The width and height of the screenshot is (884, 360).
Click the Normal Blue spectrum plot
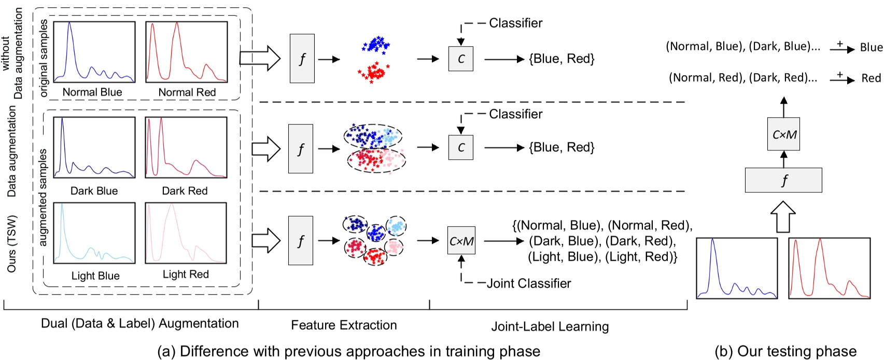tap(94, 52)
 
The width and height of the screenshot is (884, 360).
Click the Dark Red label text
tap(185, 191)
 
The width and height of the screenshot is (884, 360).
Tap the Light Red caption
tap(186, 274)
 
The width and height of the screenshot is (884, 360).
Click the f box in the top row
tap(302, 59)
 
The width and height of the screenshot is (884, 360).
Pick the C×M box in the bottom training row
tap(461, 241)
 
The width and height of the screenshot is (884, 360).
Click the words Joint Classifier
tap(529, 283)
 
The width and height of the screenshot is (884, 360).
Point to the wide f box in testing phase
tap(783, 180)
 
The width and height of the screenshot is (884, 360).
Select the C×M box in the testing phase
tap(783, 134)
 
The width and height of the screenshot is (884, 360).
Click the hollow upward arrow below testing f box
tap(783, 217)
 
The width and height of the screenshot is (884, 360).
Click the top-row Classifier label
tap(515, 23)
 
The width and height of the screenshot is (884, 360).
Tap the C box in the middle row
tap(460, 147)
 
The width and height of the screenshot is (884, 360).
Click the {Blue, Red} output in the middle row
tap(562, 147)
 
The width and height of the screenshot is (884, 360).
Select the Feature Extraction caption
tap(344, 325)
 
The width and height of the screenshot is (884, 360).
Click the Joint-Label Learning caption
tap(550, 326)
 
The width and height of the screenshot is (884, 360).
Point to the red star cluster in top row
tap(373, 73)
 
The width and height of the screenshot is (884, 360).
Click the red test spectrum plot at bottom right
tap(829, 268)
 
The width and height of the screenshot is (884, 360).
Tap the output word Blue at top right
tap(871, 47)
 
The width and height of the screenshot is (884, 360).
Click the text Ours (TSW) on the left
tap(12, 244)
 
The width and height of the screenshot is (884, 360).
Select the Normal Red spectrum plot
tap(186, 52)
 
